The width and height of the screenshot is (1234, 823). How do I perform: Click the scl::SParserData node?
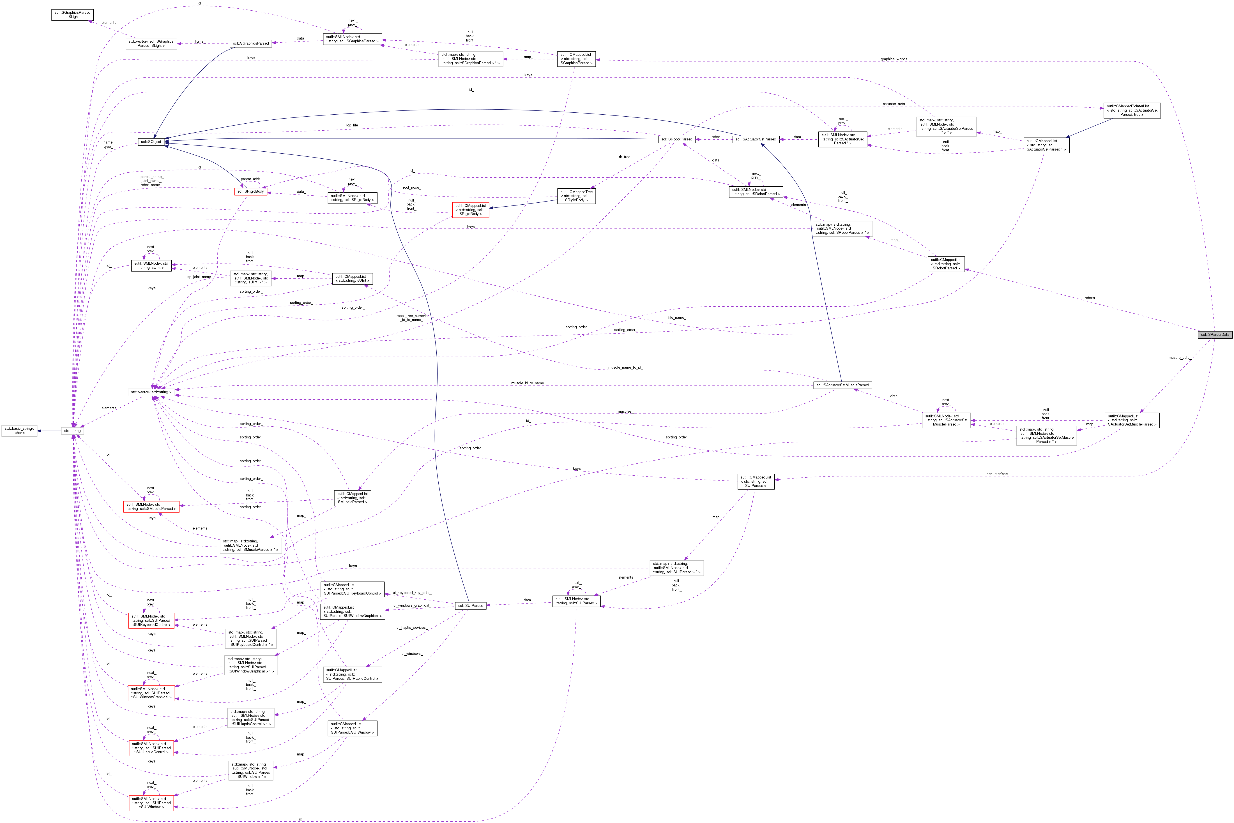(x=1215, y=334)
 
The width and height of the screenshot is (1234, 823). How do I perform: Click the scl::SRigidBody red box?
(x=250, y=191)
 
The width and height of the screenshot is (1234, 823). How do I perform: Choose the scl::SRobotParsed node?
(x=676, y=139)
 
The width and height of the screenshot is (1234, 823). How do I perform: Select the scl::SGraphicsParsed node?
(x=250, y=43)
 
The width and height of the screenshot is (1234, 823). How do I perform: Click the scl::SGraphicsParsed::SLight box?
(x=72, y=14)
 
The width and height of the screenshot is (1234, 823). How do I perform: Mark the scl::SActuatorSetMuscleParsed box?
(x=842, y=385)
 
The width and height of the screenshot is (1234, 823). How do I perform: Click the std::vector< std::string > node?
(x=151, y=392)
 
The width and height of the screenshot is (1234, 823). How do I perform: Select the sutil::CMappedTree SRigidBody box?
(x=576, y=196)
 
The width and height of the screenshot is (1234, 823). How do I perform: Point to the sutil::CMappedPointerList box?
(x=1132, y=110)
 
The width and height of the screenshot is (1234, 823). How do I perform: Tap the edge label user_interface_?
(x=996, y=474)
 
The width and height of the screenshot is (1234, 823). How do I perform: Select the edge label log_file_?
(x=352, y=126)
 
